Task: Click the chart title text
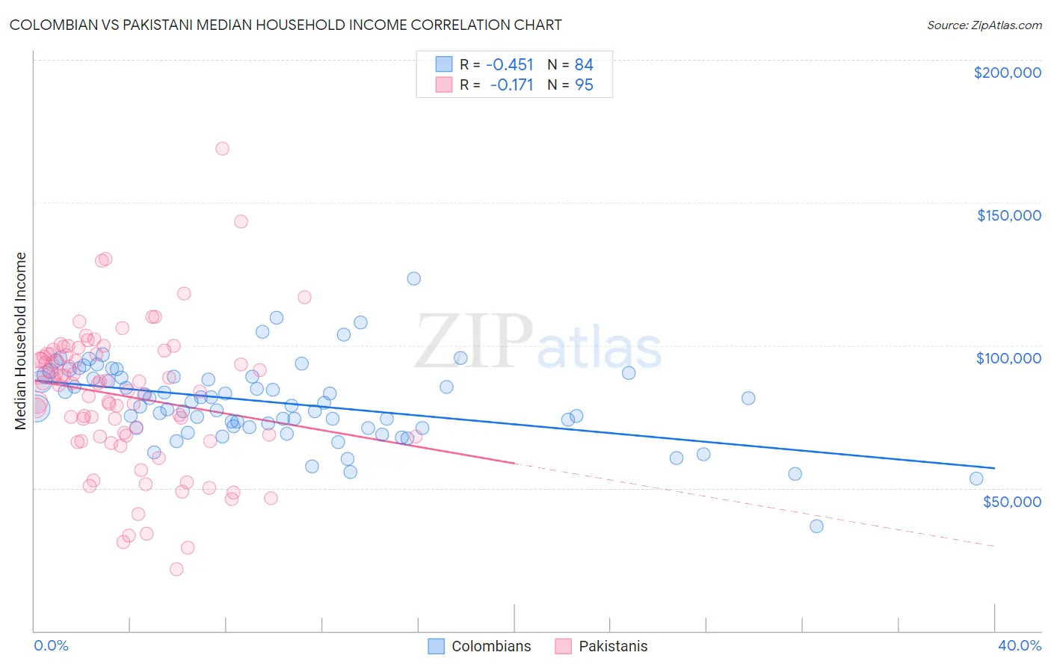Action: (x=285, y=25)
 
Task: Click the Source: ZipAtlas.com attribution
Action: (x=984, y=25)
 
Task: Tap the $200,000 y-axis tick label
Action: (x=1007, y=73)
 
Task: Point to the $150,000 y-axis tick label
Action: (x=1008, y=215)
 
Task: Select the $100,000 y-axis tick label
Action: (x=1008, y=358)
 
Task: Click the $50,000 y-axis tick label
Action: (x=1011, y=501)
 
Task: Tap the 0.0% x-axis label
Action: (x=51, y=645)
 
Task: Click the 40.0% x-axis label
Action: (x=1019, y=645)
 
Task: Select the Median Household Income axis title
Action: (x=21, y=341)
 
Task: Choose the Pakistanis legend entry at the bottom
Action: (x=602, y=646)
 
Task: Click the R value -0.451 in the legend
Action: (x=509, y=64)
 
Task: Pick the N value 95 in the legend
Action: (x=584, y=85)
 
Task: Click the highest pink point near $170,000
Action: (x=222, y=149)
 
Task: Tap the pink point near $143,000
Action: (x=241, y=221)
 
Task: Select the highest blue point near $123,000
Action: (x=413, y=278)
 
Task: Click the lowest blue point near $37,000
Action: (x=816, y=526)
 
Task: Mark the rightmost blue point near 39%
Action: (x=976, y=479)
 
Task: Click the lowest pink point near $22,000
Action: (x=176, y=569)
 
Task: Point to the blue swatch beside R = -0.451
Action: (x=444, y=64)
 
